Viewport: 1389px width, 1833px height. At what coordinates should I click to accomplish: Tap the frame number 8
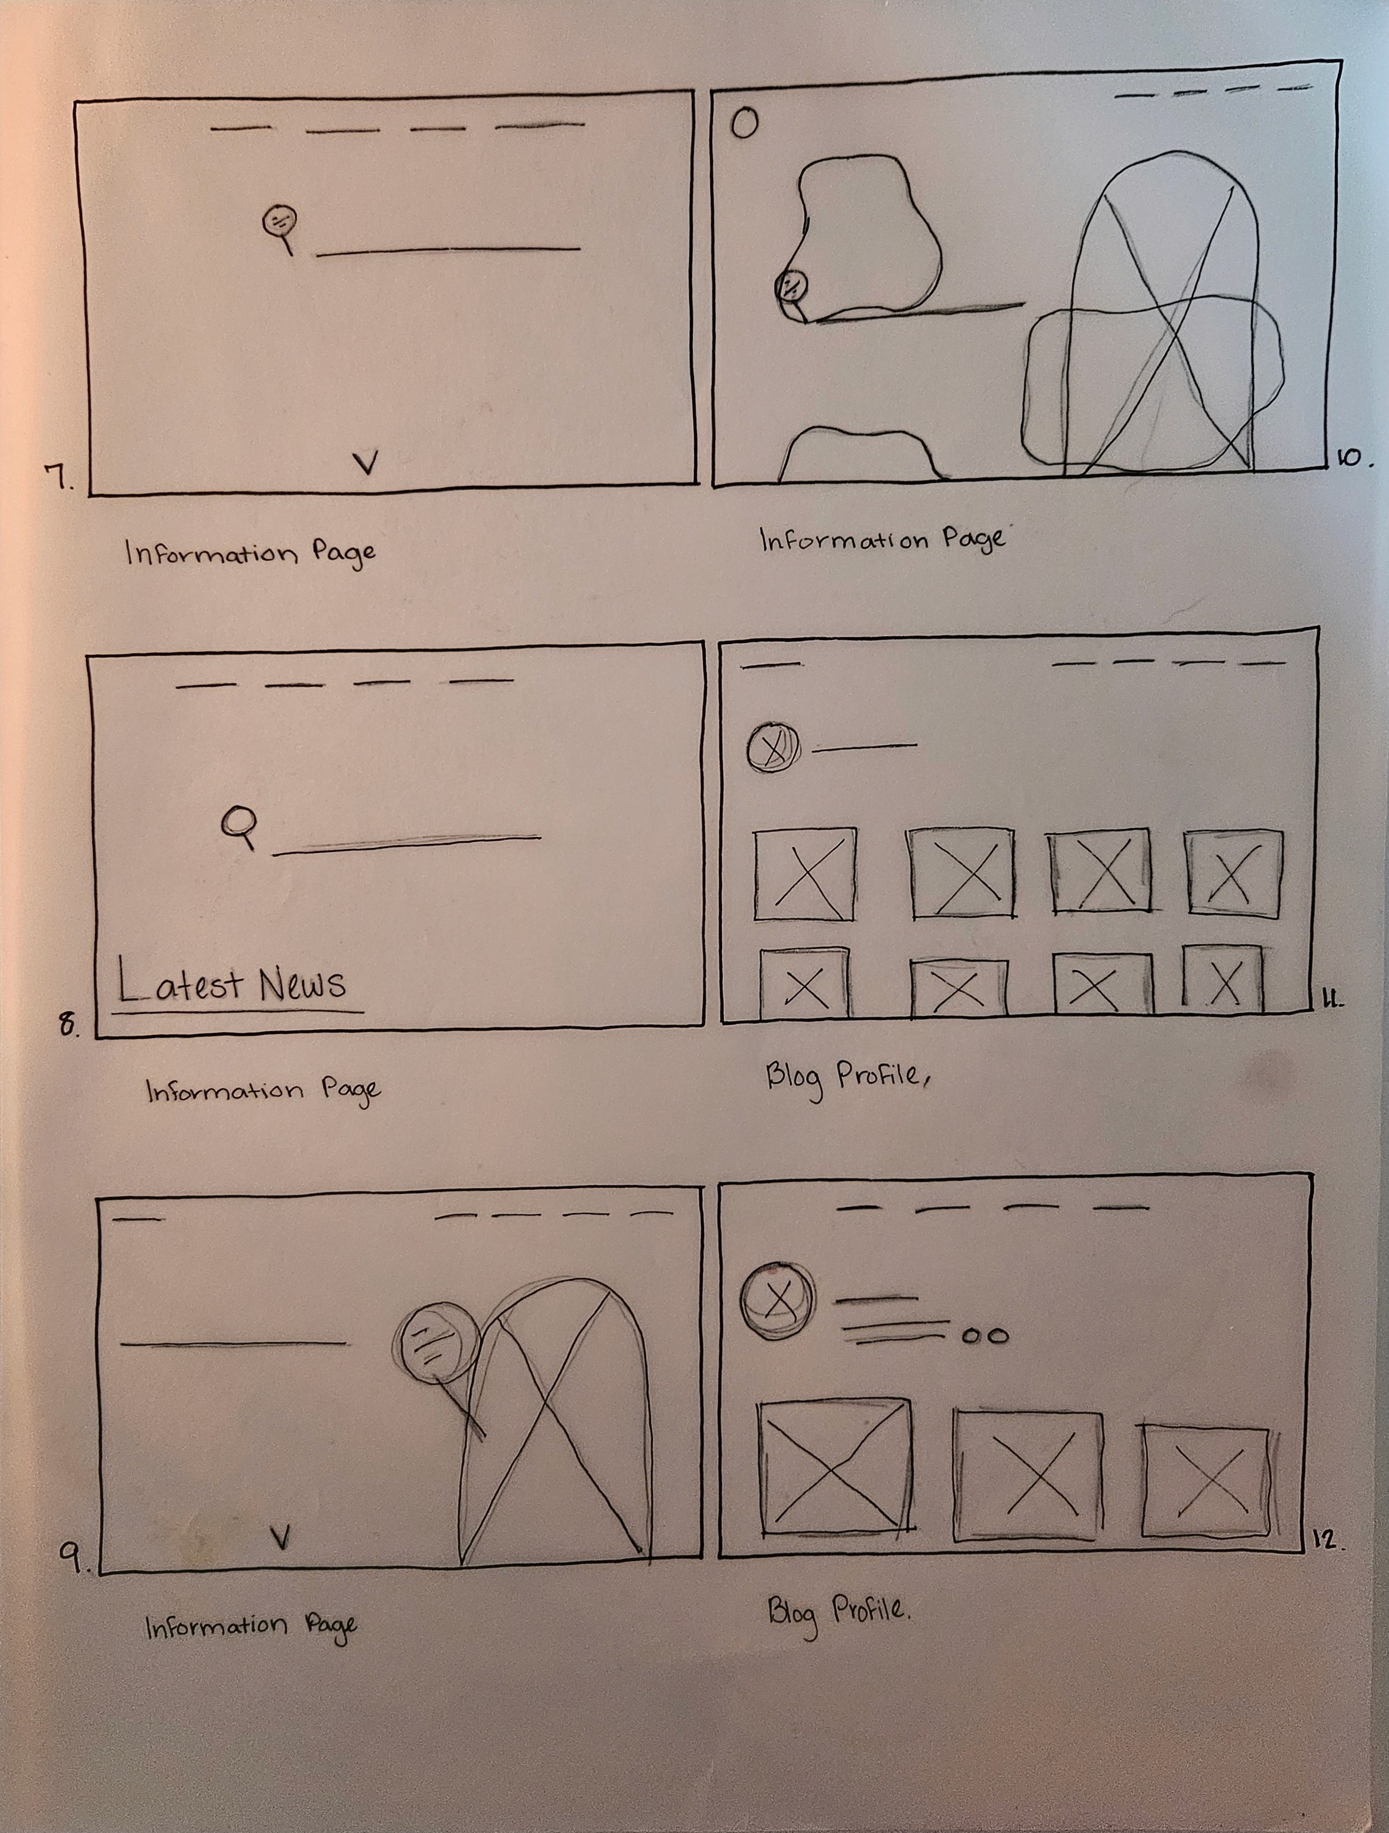click(68, 1025)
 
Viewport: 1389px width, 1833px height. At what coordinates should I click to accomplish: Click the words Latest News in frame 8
click(232, 983)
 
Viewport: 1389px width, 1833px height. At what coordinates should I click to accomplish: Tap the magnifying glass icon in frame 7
click(280, 227)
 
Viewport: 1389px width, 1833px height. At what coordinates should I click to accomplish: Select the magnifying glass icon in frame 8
click(240, 826)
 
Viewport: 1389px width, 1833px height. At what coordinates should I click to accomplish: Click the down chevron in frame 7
click(365, 462)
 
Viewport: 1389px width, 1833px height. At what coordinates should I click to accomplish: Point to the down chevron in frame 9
click(282, 1537)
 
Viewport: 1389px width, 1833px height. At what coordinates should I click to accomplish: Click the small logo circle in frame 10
click(744, 123)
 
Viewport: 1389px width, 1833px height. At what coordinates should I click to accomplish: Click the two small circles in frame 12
click(985, 1337)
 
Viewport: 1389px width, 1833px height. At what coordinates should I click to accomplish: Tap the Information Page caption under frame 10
click(883, 539)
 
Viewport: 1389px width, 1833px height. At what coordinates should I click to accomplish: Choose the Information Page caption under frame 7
click(250, 553)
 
